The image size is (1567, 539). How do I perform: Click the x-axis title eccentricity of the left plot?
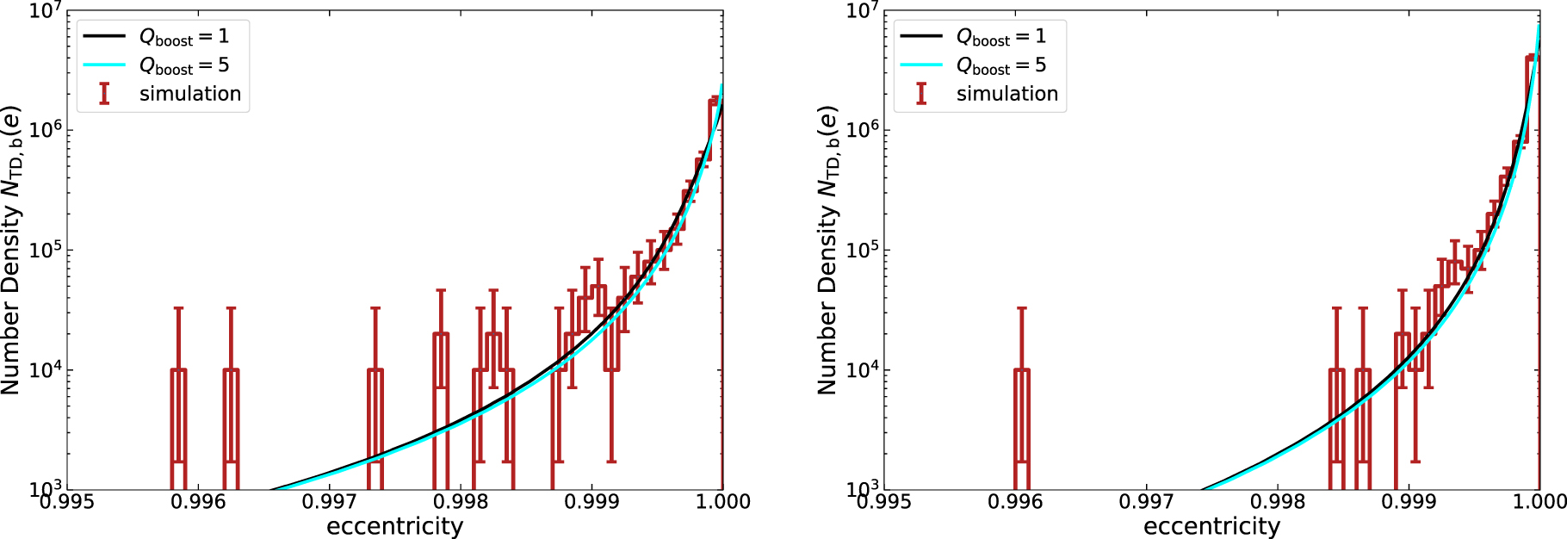click(394, 526)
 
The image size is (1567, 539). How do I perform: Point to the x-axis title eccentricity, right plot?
click(1211, 526)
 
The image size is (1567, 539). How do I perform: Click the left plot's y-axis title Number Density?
click(11, 250)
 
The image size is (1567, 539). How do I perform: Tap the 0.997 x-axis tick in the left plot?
click(330, 501)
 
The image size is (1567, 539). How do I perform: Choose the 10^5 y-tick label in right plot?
click(862, 250)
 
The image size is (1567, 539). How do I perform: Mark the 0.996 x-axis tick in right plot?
click(1015, 501)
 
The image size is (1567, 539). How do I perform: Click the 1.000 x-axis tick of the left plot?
click(722, 501)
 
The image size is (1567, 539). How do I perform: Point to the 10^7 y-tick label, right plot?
click(862, 11)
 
